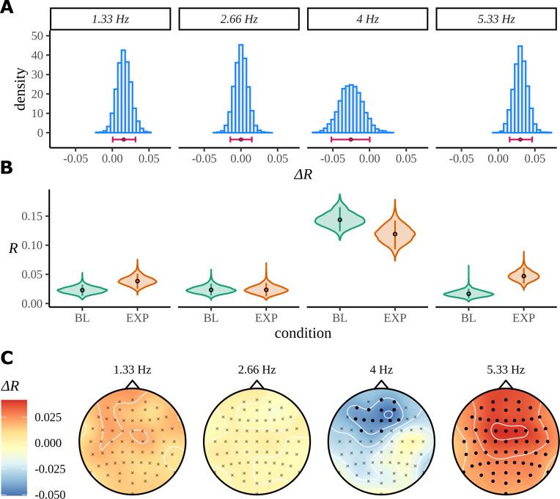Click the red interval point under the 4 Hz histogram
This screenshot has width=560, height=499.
pos(350,139)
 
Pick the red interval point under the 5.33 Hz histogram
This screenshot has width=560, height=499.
pos(520,139)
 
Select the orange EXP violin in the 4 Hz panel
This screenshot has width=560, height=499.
pos(395,234)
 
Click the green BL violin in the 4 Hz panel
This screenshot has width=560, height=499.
pos(340,220)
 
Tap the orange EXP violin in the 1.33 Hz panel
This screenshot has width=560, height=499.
pos(137,281)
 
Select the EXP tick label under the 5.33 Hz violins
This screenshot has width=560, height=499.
pos(524,318)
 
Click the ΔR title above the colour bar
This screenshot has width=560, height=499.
pos(15,386)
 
